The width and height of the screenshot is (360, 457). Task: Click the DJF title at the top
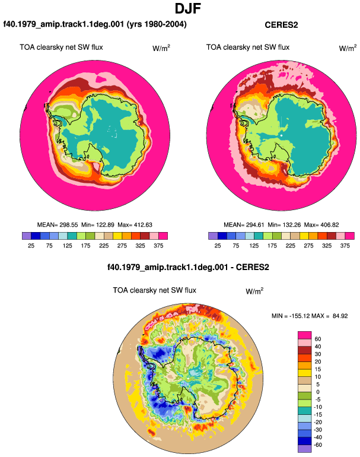coord(188,8)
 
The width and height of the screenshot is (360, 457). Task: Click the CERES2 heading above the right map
coord(281,25)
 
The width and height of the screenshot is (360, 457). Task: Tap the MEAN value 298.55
coord(69,225)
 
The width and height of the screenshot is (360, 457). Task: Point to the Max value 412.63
coord(143,225)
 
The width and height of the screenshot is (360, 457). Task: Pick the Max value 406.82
coord(329,225)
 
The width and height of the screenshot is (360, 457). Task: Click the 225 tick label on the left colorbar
coord(104,246)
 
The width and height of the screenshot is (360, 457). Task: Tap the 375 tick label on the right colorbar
coord(345,246)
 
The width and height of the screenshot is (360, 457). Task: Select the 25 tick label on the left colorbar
coord(31,246)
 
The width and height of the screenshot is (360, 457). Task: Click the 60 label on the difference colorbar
coord(318,339)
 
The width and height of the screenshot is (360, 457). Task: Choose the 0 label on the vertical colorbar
coord(318,392)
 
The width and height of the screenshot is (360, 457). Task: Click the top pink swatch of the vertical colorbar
coord(305,335)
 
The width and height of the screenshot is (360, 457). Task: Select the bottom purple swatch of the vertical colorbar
coord(305,449)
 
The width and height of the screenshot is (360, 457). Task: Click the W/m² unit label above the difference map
coord(254,291)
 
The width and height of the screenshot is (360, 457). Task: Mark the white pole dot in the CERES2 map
coord(281,135)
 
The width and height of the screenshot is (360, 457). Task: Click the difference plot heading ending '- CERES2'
coord(188,267)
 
